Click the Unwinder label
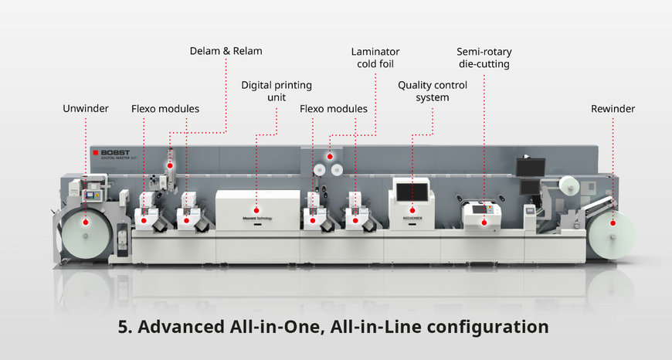(x=86, y=109)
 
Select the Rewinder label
(x=613, y=109)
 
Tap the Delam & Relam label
(x=226, y=51)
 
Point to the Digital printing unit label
(x=277, y=92)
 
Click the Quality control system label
(x=432, y=92)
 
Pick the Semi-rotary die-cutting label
(x=484, y=58)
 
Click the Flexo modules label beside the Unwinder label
(x=165, y=109)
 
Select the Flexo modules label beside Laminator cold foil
(x=334, y=109)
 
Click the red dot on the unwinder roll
(x=86, y=222)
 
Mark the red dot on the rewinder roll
(x=613, y=222)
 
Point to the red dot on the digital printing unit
(x=256, y=209)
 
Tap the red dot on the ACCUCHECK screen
(x=411, y=209)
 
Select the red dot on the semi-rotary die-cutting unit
(x=484, y=222)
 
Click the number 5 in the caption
(x=124, y=327)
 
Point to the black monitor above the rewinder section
(x=531, y=167)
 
